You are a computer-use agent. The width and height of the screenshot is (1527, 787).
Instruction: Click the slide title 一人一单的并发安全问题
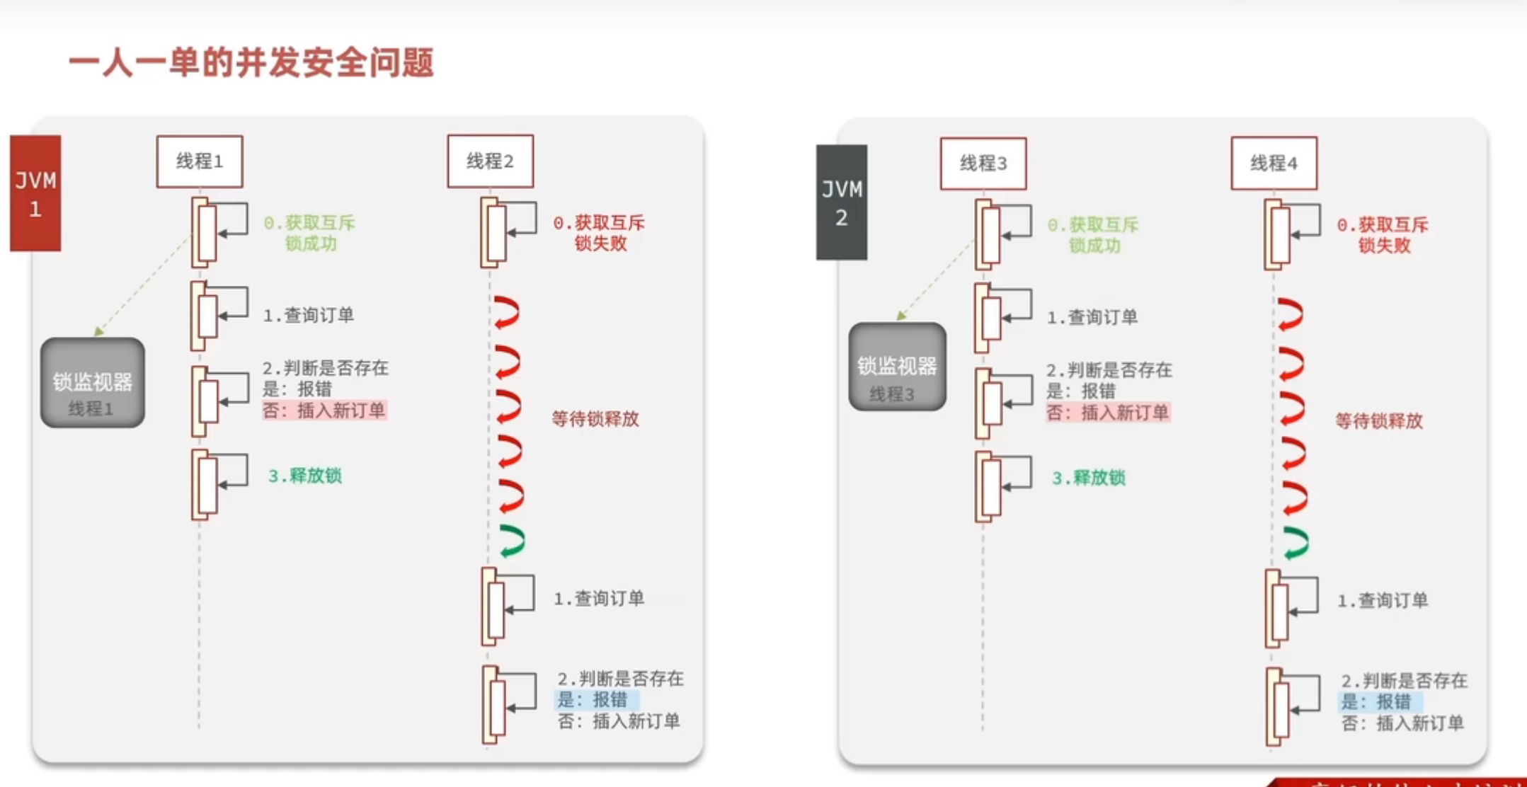tap(251, 63)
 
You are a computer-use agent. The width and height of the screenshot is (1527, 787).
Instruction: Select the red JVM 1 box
tap(35, 193)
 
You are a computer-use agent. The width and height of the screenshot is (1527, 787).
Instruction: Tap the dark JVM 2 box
tap(841, 202)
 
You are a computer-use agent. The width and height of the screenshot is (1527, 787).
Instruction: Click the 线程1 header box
tap(200, 162)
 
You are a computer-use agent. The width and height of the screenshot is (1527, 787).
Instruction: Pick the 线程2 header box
tap(490, 161)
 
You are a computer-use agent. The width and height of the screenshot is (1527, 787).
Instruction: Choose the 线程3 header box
tap(983, 163)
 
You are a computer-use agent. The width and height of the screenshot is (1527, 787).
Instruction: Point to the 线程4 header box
tap(1274, 163)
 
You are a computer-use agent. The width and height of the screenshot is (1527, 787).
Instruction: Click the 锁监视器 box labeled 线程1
tap(93, 383)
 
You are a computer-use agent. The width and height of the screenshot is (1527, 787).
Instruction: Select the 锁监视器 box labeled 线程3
tap(897, 367)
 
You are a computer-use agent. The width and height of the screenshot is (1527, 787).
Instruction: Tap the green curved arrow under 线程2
tap(512, 541)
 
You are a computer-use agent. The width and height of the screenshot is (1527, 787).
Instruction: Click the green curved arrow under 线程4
tap(1296, 544)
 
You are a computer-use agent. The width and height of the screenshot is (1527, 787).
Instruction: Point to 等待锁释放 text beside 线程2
tap(595, 419)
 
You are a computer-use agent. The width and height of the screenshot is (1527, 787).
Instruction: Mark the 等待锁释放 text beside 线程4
tap(1378, 421)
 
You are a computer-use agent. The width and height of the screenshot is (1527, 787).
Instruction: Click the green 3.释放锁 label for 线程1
tap(304, 476)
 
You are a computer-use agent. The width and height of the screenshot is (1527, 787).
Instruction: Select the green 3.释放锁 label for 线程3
tap(1088, 478)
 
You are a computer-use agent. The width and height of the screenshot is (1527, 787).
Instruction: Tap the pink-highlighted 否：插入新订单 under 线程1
tap(324, 410)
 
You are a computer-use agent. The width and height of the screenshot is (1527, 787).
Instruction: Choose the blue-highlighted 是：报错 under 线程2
tap(593, 700)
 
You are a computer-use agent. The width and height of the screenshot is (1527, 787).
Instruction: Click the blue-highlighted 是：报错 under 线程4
tap(1377, 702)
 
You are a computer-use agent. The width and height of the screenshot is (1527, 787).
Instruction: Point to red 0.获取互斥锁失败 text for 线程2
tap(599, 233)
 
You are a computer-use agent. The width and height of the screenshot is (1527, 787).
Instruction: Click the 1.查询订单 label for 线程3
tap(1092, 317)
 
